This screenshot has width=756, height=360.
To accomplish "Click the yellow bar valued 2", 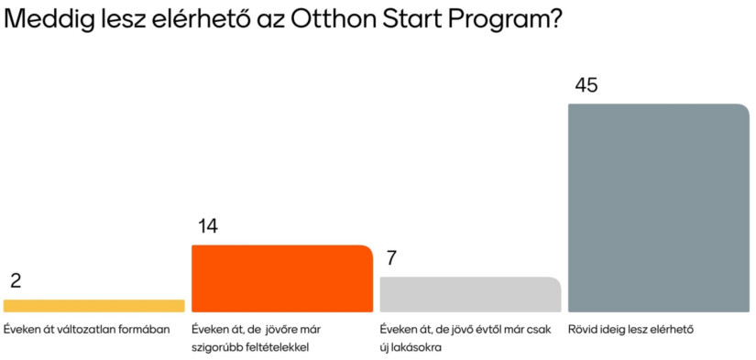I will pos(94,306).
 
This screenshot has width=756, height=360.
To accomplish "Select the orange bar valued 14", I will pos(282,278).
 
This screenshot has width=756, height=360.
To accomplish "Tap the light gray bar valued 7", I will pos(470,294).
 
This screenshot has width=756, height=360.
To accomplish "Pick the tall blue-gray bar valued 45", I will pos(659,208).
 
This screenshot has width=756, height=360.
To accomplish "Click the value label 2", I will pos(16,280).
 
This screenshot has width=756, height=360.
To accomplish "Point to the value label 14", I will pos(207,226).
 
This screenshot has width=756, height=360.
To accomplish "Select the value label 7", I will pos(391,257).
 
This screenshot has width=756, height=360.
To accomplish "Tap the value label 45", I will pos(586,85).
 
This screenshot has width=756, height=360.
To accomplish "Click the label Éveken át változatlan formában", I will pos(87,330).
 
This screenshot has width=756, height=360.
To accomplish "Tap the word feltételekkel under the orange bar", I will pos(279,347).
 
